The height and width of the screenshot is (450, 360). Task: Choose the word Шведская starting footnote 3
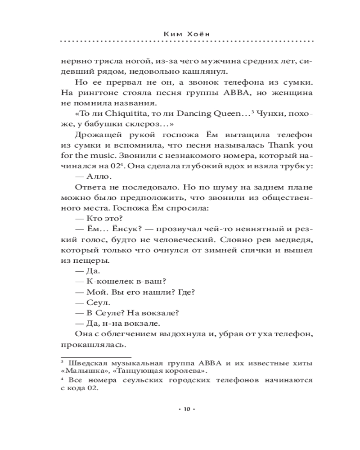pyautogui.click(x=89, y=363)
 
